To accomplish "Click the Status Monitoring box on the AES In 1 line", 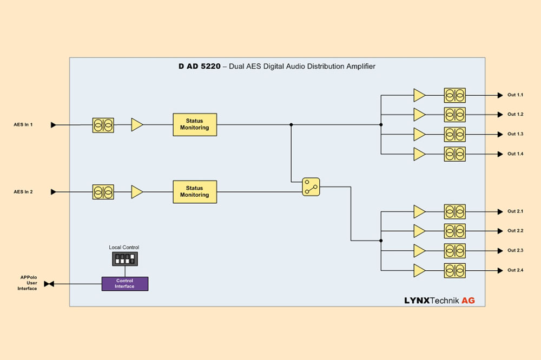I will [195, 124].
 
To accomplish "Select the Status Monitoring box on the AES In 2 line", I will [195, 192].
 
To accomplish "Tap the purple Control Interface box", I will [125, 283].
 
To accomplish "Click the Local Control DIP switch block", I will [125, 259].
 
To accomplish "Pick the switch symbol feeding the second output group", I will [311, 186].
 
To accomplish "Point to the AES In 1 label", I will [23, 125].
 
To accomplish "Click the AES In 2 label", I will [23, 192].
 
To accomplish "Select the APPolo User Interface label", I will [29, 283].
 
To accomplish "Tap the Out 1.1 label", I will [515, 95].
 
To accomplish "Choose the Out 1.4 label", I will [515, 154].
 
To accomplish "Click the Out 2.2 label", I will [515, 231].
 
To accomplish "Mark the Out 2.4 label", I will [515, 270].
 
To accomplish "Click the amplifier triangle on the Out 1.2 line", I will [419, 115].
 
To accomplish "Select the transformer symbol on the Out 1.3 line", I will [455, 134].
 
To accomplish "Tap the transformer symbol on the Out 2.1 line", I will [455, 211].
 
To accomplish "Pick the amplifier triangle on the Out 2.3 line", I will [419, 251].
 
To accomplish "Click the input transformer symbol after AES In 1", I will [103, 125].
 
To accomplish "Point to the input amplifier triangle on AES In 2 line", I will [137, 192].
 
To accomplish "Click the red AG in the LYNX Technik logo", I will [468, 300].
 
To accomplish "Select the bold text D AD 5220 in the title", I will [199, 66].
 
